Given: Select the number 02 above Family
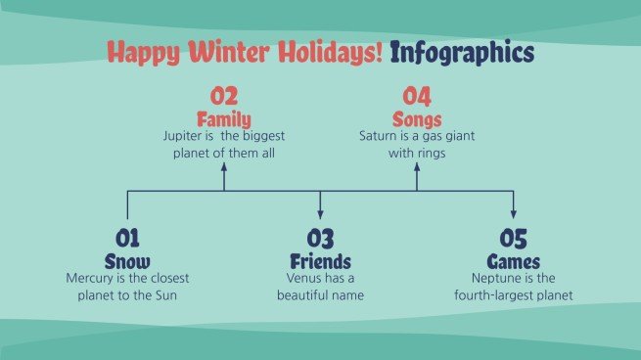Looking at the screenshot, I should click(x=224, y=97).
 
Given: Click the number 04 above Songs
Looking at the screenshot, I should click(x=417, y=97).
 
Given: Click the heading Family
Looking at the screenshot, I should click(x=224, y=119).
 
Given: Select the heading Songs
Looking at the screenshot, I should click(x=417, y=119).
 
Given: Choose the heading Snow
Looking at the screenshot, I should click(x=128, y=261).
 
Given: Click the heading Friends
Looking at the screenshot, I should click(x=320, y=261).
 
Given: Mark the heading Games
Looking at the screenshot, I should click(x=513, y=261).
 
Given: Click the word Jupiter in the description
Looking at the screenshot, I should click(x=181, y=137).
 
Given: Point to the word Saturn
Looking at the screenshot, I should click(x=379, y=137).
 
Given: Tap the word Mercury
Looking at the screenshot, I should click(x=90, y=279).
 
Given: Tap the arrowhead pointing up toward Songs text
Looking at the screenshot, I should click(x=417, y=168).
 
